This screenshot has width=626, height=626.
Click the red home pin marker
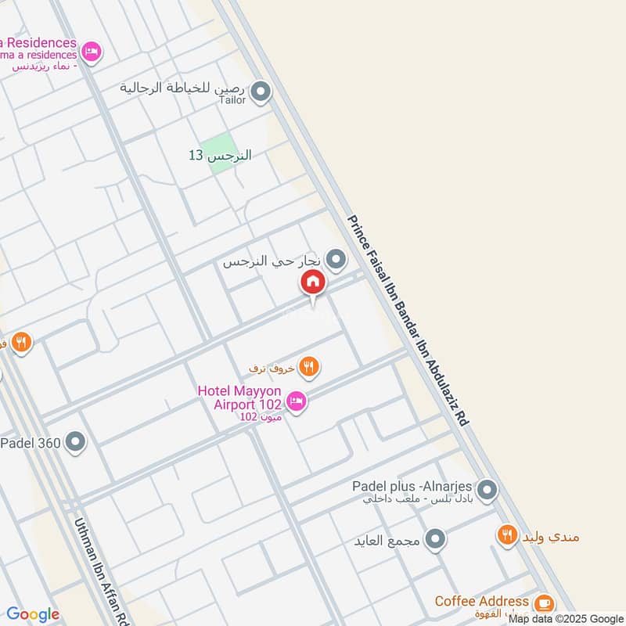pos(312,282)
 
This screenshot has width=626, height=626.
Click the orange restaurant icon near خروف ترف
pos(309,365)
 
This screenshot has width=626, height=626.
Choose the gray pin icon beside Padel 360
pos(76,443)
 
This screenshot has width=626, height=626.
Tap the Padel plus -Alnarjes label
pos(412,485)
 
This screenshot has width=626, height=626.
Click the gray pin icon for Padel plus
pos(487,491)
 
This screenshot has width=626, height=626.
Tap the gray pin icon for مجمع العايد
pos(436,539)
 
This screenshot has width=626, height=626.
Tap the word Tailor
pos(233,100)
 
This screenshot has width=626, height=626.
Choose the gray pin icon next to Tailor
pos(261,93)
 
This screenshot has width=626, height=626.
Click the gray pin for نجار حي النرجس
pos(336,259)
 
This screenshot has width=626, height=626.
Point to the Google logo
pos(32,614)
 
